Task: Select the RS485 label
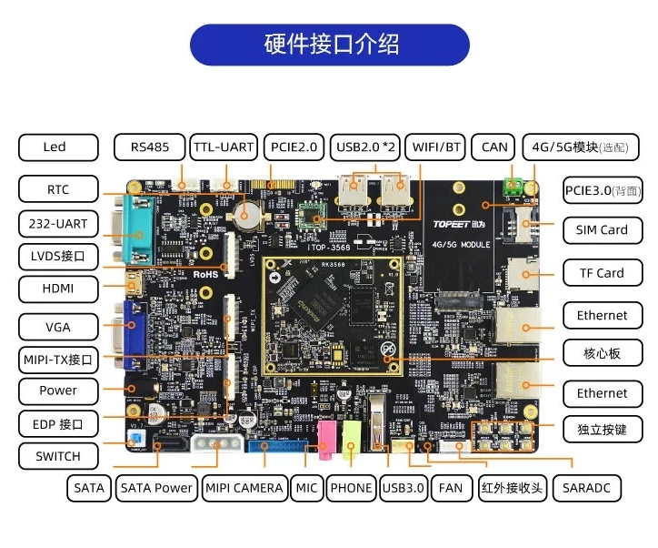tap(149, 147)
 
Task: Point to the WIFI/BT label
tap(437, 147)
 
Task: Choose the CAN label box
tap(494, 147)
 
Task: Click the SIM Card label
tap(601, 229)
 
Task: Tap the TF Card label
tap(601, 272)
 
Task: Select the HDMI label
tap(57, 289)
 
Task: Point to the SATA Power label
tap(156, 488)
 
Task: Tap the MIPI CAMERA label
tap(244, 488)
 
